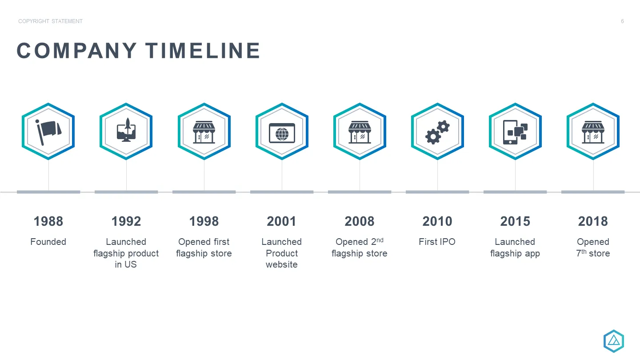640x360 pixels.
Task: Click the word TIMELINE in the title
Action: point(203,51)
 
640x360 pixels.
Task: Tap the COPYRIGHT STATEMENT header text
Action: point(50,21)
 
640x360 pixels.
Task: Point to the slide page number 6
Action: point(622,21)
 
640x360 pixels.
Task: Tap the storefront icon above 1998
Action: point(204,132)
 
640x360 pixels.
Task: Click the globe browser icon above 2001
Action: point(282,133)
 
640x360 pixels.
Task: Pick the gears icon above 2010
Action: point(437,132)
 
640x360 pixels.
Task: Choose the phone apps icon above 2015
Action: point(515,132)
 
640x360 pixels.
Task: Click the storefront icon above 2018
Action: point(593,132)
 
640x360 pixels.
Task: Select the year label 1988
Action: point(48,221)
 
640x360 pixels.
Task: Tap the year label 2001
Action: point(282,221)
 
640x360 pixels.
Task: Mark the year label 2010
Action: point(437,221)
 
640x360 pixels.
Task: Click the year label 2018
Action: point(593,221)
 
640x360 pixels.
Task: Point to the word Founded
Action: point(48,242)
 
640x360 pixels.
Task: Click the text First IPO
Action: point(437,242)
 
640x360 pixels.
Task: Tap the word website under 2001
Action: point(282,264)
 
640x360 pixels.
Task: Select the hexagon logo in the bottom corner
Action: point(614,341)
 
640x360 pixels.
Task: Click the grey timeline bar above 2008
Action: point(360,192)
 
